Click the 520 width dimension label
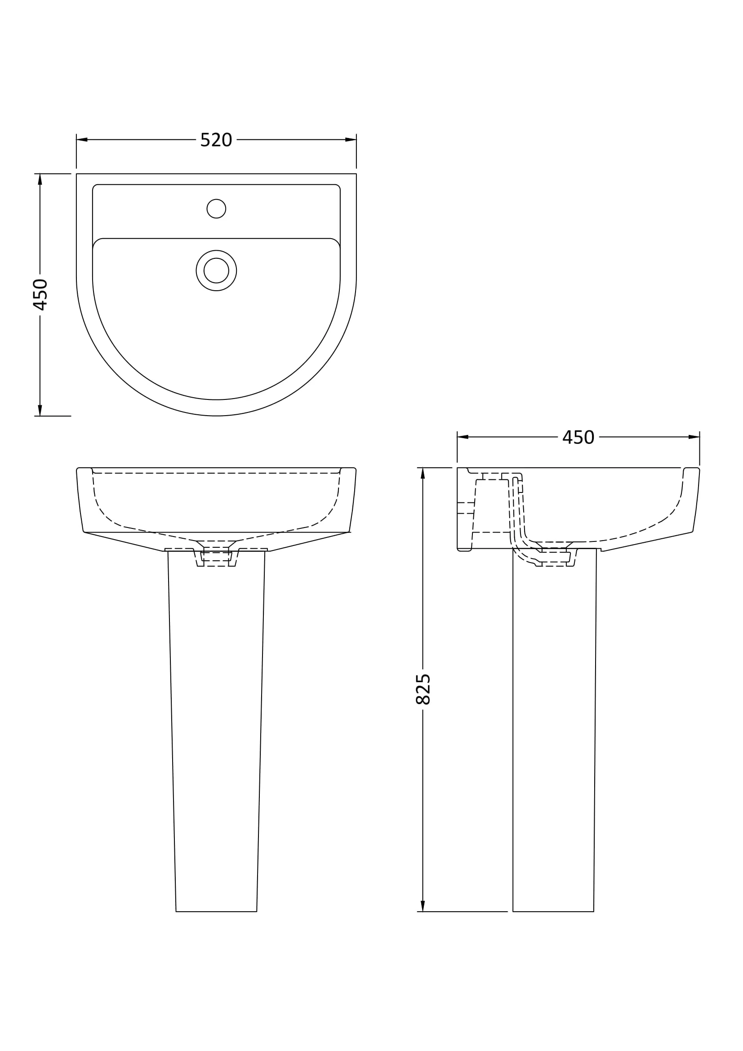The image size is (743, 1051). click(216, 140)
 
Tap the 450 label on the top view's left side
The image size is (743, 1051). click(40, 294)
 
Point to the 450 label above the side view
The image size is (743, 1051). click(578, 438)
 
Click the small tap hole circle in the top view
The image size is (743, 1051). click(216, 209)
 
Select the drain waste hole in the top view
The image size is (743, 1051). click(216, 271)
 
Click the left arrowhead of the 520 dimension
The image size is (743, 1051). click(82, 140)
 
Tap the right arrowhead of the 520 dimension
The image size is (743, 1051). click(351, 140)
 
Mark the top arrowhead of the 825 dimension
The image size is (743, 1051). click(423, 473)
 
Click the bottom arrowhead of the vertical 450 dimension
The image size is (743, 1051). click(40, 410)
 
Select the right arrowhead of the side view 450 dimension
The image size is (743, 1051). click(694, 437)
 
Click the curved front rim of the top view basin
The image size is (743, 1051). click(216, 408)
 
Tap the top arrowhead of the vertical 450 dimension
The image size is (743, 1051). click(40, 179)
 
